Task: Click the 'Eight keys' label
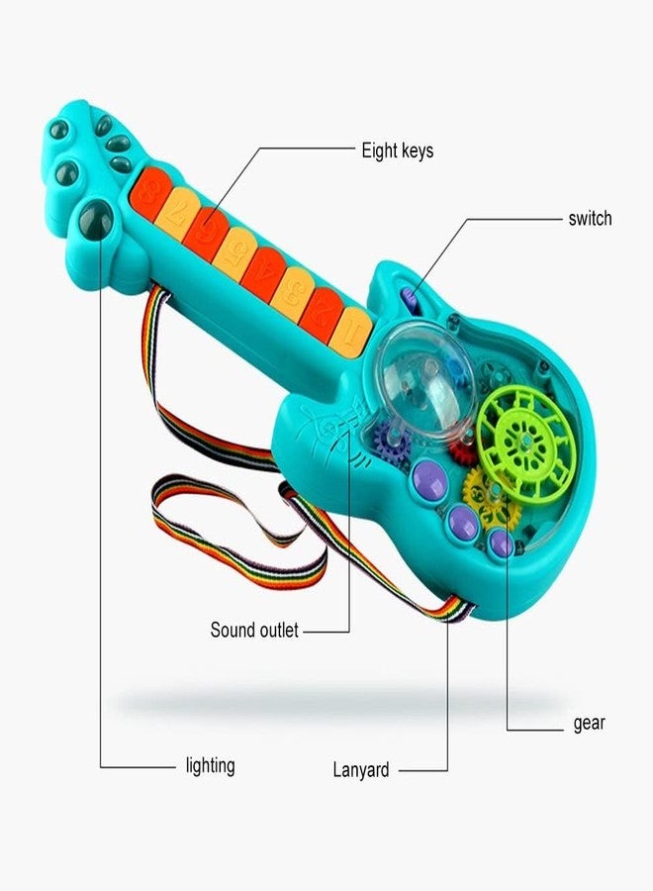click(x=398, y=151)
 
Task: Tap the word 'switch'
click(x=590, y=218)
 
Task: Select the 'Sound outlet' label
click(x=254, y=630)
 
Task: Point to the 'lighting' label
click(x=210, y=766)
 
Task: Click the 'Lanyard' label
click(x=360, y=770)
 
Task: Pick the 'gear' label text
click(x=589, y=724)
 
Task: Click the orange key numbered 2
click(x=320, y=315)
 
